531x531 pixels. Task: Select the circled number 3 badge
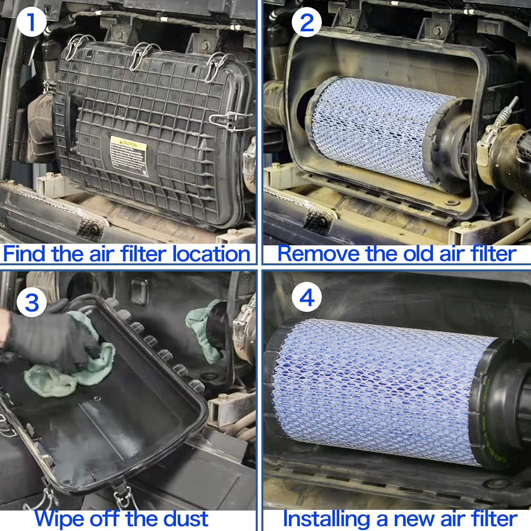32,302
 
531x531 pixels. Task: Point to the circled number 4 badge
307,297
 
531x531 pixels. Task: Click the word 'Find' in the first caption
24,254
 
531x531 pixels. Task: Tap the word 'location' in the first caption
211,254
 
